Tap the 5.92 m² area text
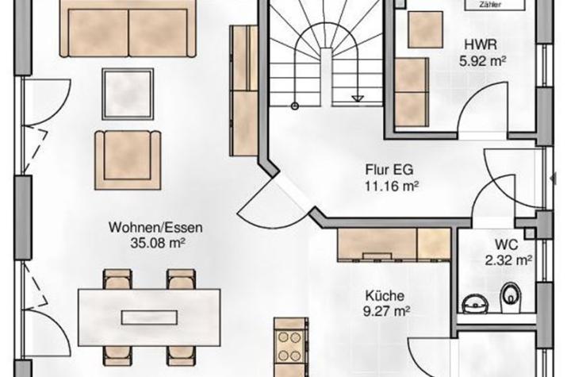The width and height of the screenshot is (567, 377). pos(482,60)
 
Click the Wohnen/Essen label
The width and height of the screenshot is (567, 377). pos(156,229)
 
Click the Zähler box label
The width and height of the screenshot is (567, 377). pos(489,5)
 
